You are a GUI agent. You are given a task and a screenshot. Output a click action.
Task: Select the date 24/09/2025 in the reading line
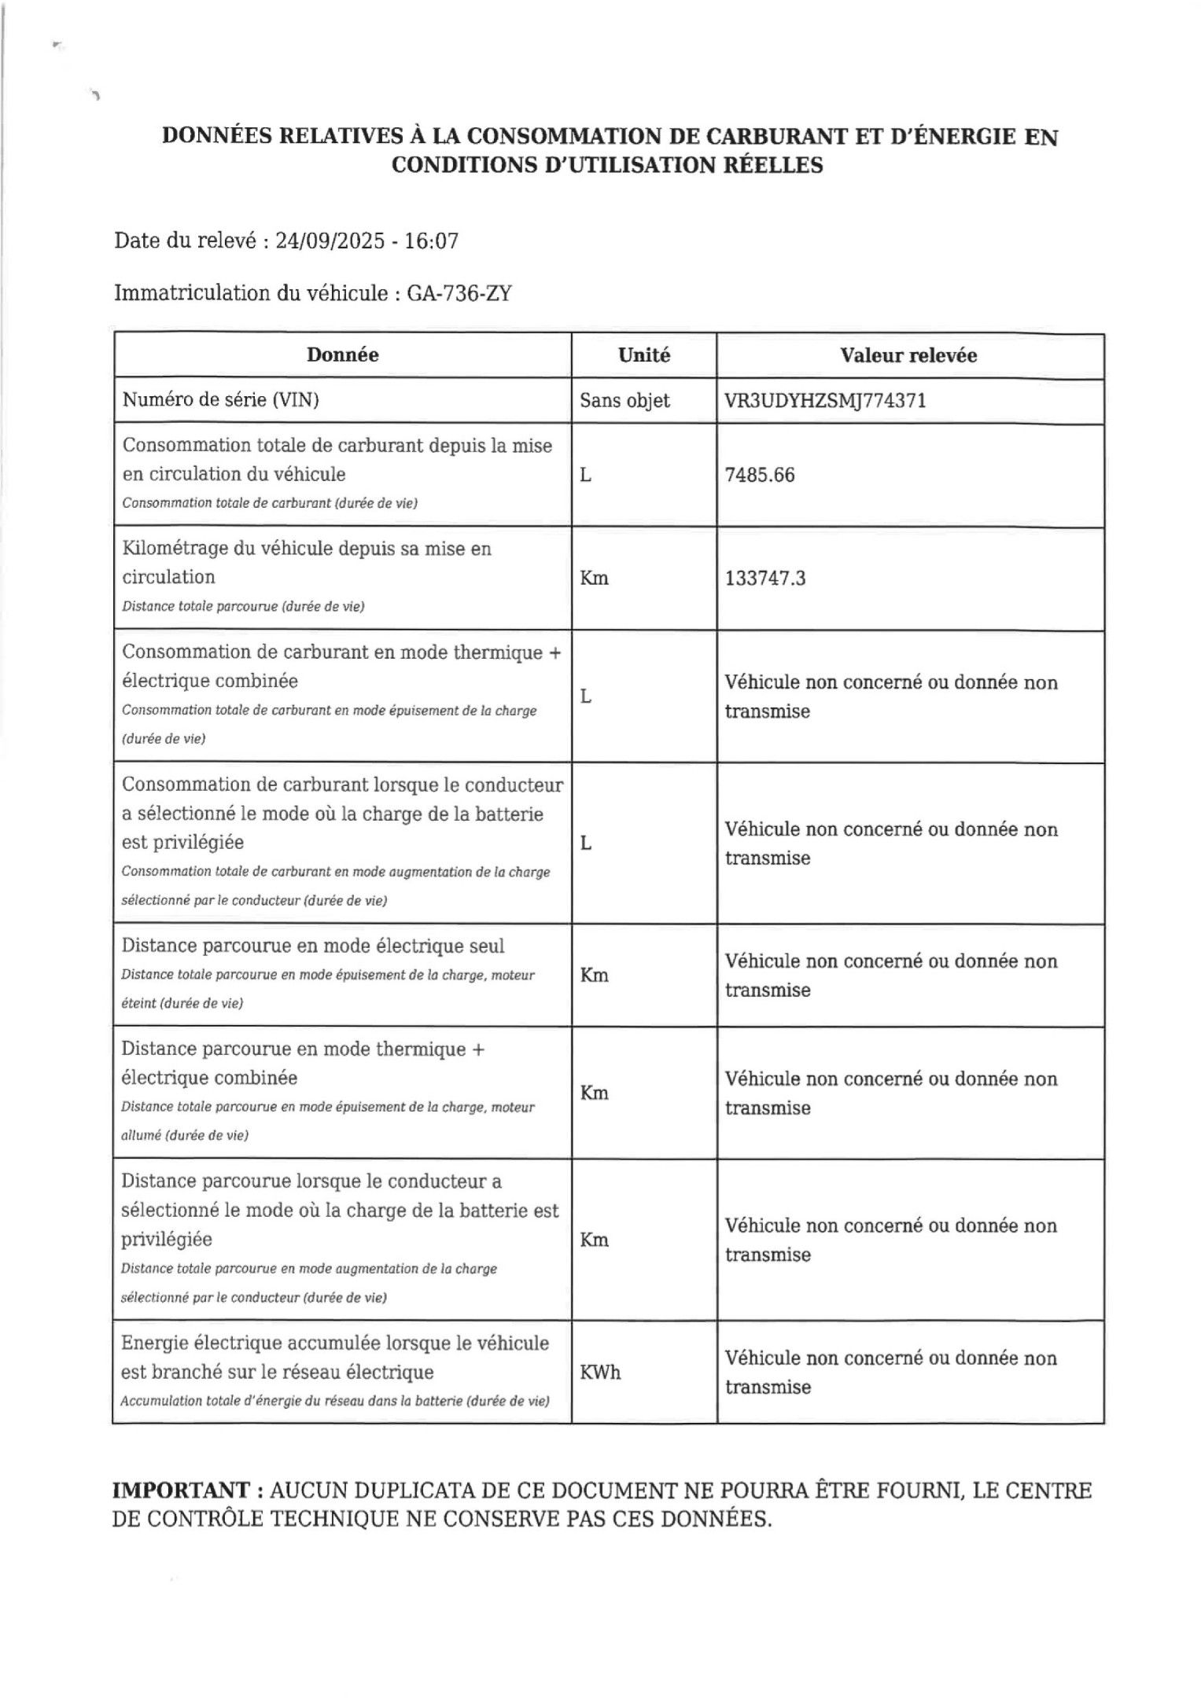coord(330,241)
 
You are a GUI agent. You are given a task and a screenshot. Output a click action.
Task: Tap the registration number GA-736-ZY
coord(459,293)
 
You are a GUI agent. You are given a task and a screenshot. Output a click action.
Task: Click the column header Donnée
coord(342,355)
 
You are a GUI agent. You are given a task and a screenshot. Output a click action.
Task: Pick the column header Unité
coord(644,355)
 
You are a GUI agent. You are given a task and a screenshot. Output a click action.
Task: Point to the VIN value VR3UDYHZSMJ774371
coord(825,401)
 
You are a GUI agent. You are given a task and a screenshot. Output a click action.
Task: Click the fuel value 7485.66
coord(760,475)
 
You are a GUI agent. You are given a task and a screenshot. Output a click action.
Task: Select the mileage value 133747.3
coord(765,579)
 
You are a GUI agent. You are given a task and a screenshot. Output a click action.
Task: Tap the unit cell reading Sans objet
coord(624,401)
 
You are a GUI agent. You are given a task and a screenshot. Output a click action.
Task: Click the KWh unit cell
coord(600,1373)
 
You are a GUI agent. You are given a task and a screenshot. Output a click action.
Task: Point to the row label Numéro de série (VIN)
coord(220,400)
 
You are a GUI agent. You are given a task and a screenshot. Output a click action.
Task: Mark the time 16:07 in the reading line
coord(431,241)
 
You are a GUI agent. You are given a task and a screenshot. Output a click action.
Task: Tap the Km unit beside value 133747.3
coord(594,579)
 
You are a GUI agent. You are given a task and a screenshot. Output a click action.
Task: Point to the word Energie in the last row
coord(153,1343)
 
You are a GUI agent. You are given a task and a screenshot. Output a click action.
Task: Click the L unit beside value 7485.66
coord(585,475)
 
